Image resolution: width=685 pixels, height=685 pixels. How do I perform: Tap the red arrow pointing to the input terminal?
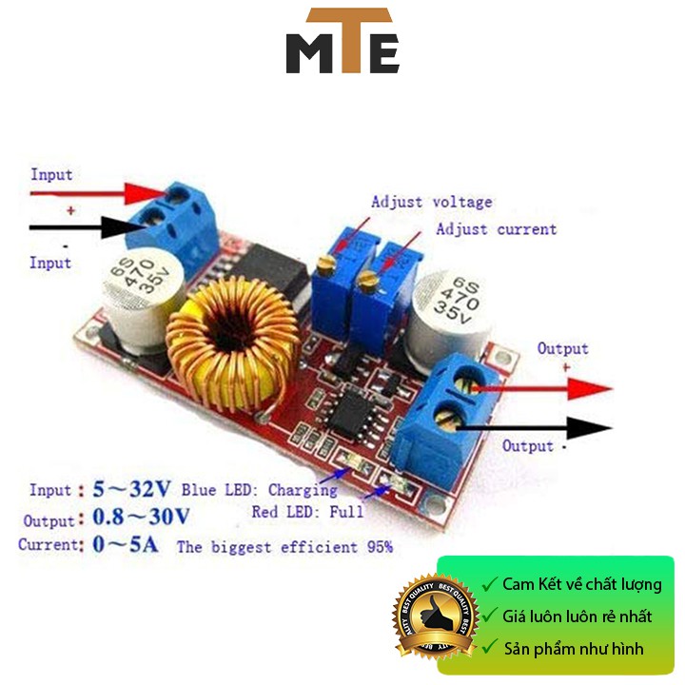105,194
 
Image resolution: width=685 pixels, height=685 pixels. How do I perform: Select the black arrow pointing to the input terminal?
95,226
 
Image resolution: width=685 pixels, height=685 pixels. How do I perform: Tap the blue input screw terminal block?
176,219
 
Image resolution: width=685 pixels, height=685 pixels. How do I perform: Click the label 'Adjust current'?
496,229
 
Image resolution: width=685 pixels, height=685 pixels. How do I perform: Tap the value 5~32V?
131,490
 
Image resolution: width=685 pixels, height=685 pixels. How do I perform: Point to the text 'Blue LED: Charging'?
259,490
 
